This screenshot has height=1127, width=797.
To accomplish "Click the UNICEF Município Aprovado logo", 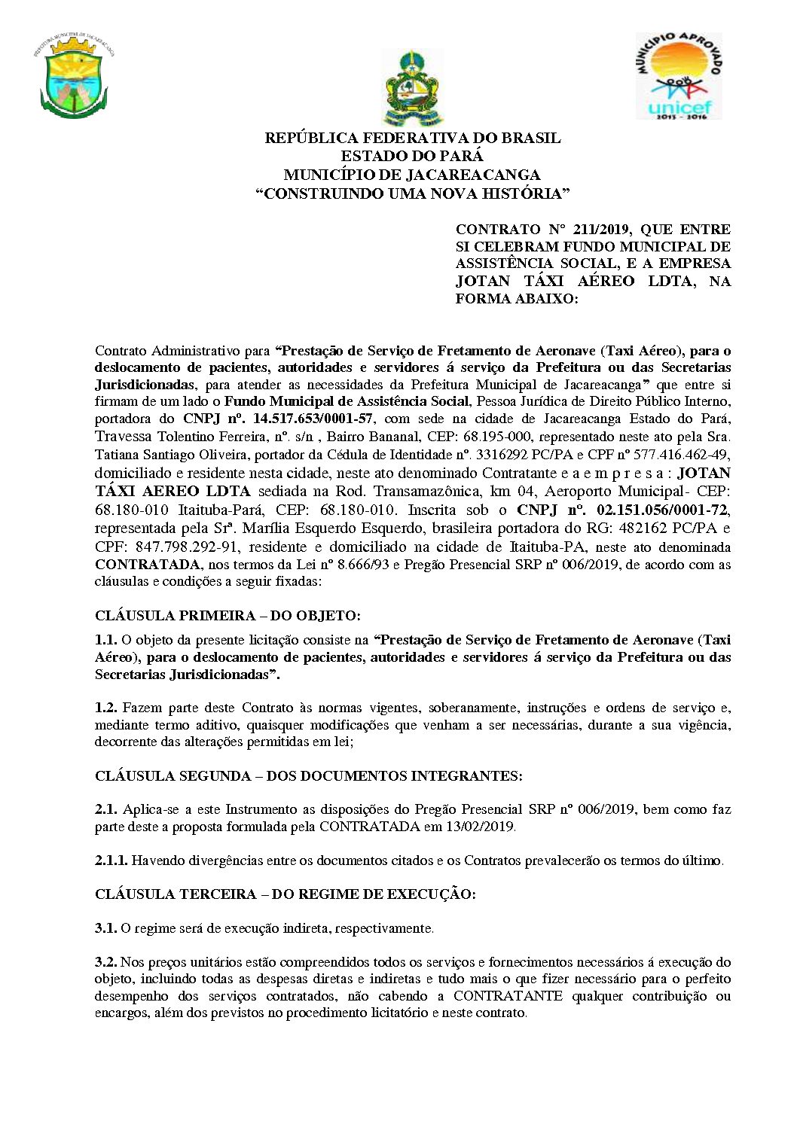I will [678, 76].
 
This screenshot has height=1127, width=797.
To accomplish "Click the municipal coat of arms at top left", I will [73, 78].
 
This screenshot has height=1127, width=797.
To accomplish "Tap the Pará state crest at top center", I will [413, 88].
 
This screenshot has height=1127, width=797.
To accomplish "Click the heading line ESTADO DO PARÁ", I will [412, 157].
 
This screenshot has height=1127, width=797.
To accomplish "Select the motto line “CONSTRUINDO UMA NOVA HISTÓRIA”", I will [412, 193].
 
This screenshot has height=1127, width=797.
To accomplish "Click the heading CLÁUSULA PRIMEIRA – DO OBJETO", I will [227, 615].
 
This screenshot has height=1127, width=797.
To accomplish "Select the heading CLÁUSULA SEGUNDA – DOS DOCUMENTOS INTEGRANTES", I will [308, 775].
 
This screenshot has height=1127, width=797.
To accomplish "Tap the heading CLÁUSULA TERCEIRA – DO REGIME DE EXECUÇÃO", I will [285, 894].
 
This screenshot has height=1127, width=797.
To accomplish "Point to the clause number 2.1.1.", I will [111, 860].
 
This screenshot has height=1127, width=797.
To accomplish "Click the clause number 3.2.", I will [105, 961].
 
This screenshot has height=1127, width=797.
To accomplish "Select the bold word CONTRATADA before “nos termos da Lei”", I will [147, 564].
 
